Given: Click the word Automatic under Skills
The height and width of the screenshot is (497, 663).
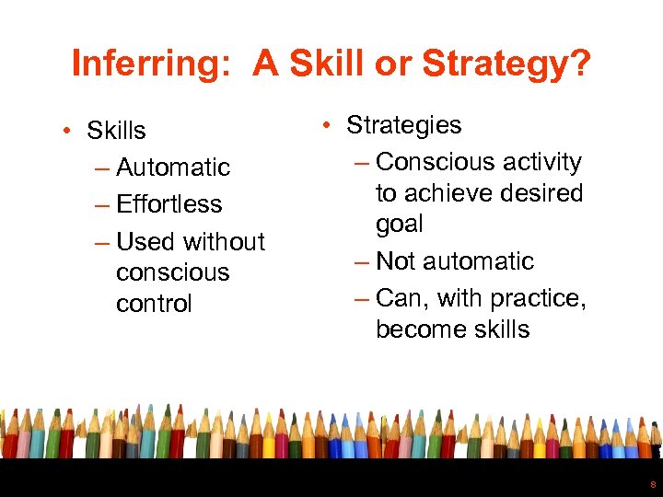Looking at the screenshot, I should (173, 168).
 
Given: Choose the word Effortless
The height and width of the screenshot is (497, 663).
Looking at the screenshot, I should (169, 204).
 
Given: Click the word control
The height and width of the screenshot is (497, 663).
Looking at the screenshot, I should (154, 304).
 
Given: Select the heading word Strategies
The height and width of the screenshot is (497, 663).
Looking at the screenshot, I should (403, 125).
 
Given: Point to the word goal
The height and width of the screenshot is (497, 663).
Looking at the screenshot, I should (400, 225).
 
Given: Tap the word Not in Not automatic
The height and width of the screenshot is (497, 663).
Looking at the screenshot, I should (396, 261).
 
